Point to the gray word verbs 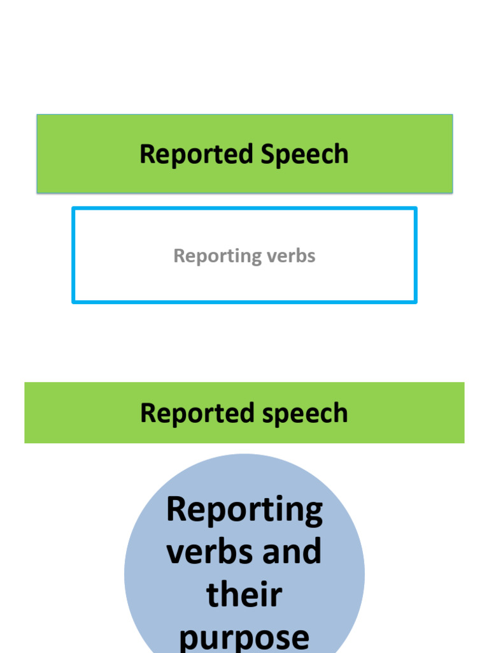tap(291, 256)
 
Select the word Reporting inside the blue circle tap(244, 510)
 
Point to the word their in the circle tap(244, 594)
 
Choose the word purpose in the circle tap(244, 636)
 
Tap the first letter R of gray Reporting tap(179, 256)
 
